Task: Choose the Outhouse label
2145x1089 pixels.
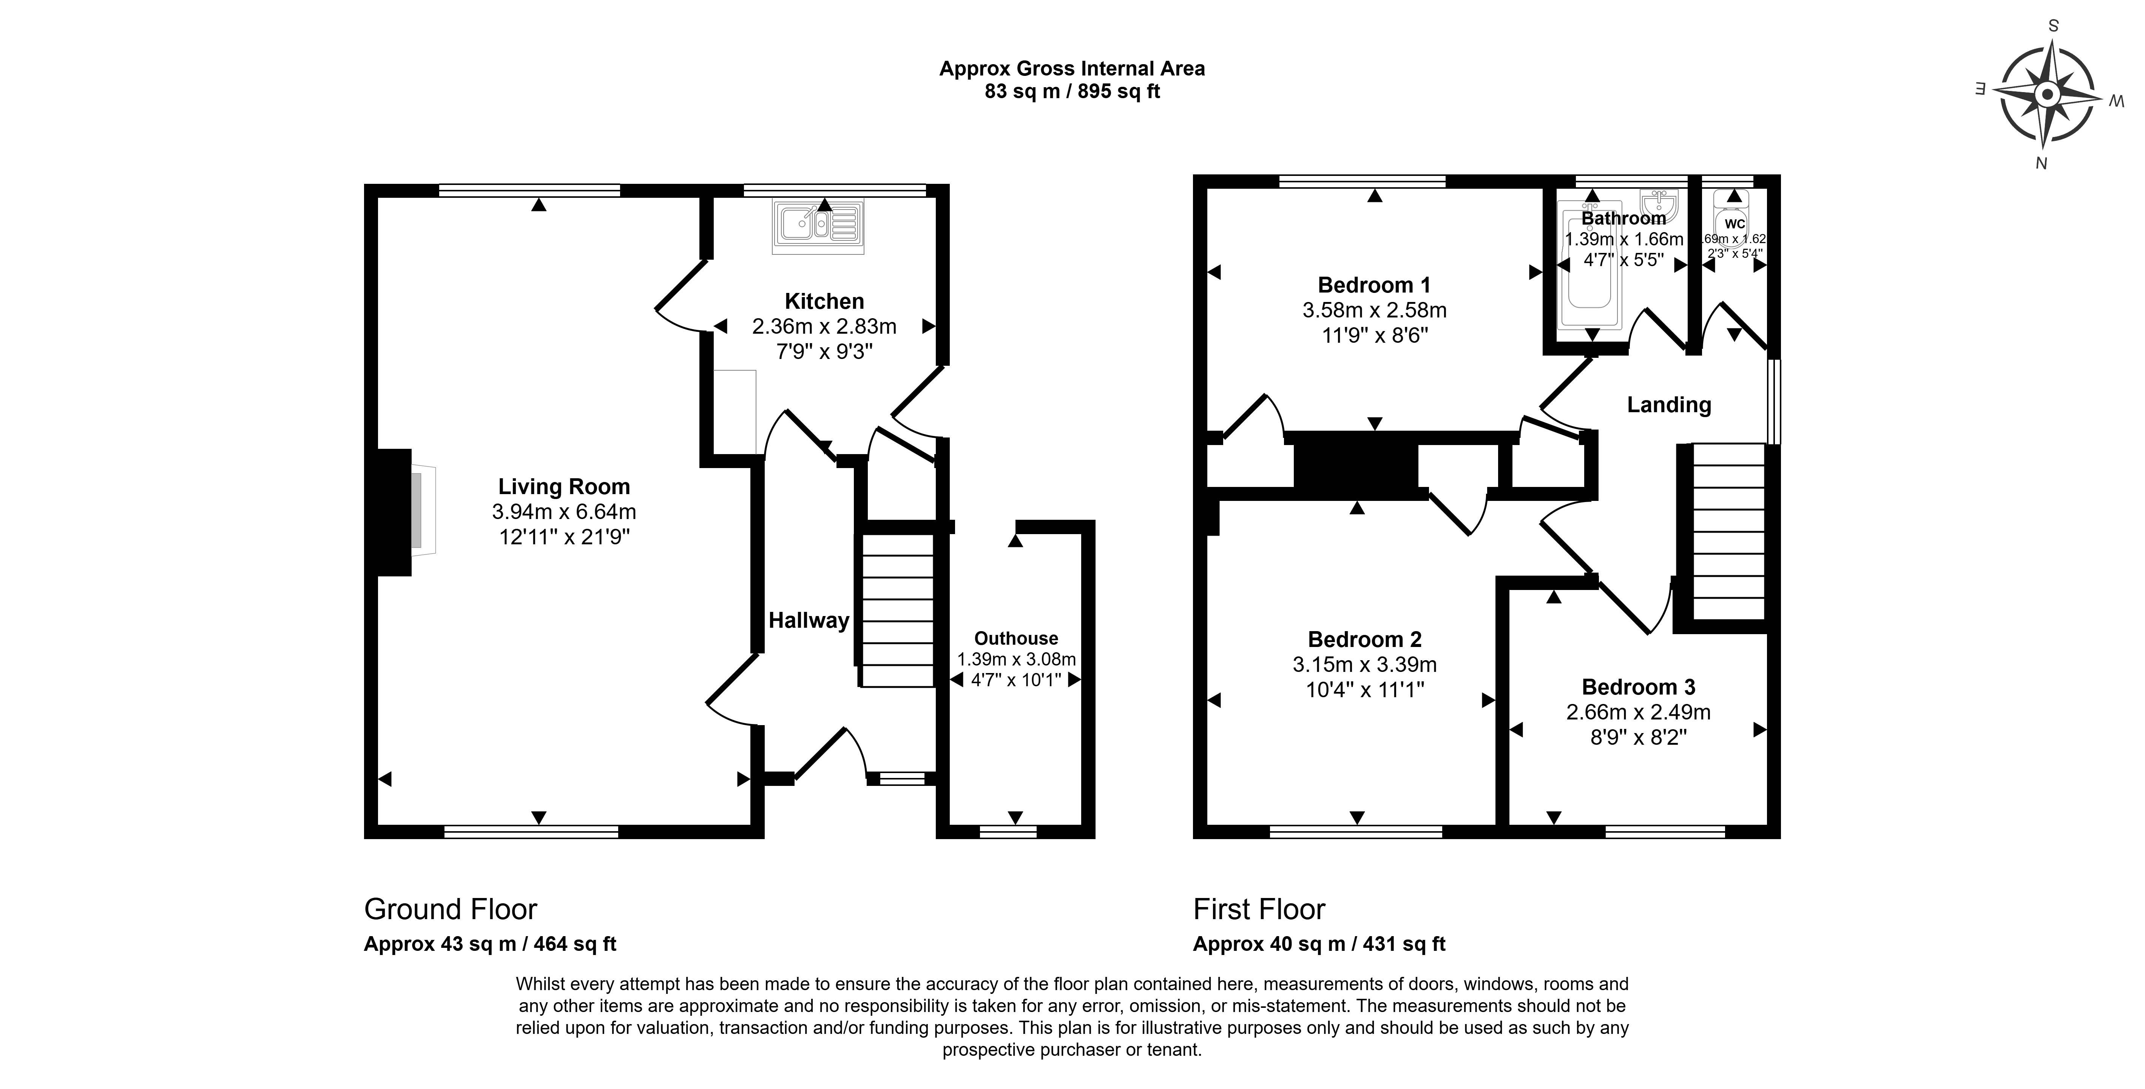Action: (x=1016, y=639)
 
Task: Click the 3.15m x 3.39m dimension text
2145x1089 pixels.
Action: (x=1365, y=664)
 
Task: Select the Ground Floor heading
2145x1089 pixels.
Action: (x=451, y=909)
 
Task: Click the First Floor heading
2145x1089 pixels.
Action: (x=1259, y=909)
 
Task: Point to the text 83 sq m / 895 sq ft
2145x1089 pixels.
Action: (x=1072, y=92)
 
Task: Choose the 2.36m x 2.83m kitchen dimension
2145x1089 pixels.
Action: (x=824, y=327)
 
